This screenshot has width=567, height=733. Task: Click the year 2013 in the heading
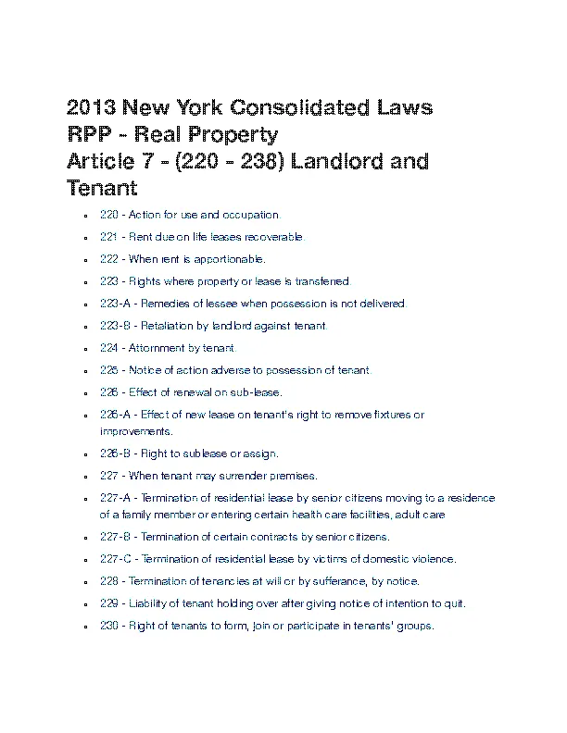[x=94, y=108]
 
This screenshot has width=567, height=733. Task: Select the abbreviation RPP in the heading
[x=92, y=135]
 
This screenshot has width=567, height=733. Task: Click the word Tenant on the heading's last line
[x=103, y=189]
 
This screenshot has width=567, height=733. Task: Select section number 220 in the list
[x=108, y=216]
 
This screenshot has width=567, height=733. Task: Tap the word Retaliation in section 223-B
[x=168, y=327]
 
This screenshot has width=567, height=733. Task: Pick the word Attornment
[x=149, y=349]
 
